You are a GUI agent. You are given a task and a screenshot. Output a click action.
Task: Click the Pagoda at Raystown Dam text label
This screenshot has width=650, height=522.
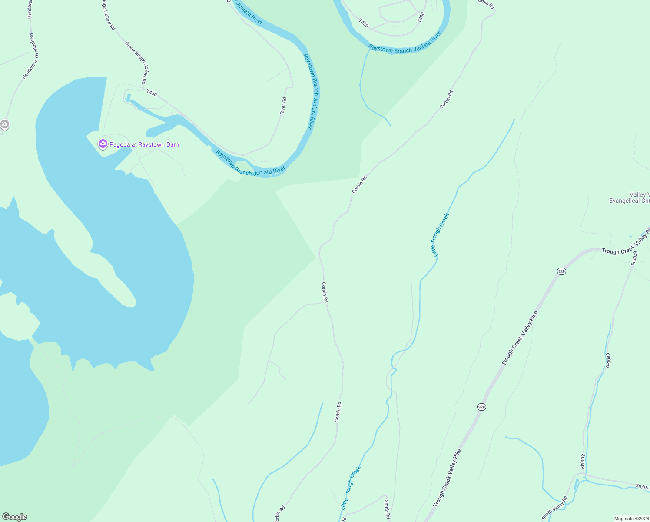pos(144,144)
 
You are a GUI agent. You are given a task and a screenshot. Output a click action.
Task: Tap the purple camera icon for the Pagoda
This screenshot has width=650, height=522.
pos(103,144)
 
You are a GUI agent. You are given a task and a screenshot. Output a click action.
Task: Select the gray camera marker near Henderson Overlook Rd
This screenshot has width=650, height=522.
pos(5,124)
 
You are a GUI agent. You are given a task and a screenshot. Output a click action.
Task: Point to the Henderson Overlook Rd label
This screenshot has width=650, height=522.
pos(31,57)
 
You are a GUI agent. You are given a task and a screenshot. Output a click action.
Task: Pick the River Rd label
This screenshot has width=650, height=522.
pos(283,106)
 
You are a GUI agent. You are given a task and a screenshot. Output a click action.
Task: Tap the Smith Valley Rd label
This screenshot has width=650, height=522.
pos(555,508)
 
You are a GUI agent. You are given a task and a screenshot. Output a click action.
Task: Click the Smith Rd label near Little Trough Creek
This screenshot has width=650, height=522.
pos(387,509)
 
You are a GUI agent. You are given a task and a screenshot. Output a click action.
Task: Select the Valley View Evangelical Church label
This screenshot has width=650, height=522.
pos(630,197)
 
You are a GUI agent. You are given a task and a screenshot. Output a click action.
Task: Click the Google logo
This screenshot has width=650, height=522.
pos(15,517)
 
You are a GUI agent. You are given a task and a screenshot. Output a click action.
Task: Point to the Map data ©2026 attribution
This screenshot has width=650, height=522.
pos(631,519)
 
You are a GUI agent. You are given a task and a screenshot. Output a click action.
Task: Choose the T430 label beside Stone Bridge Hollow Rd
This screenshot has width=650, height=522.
pos(152,93)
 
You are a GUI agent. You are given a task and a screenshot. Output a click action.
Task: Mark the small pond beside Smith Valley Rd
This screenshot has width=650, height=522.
pos(577,483)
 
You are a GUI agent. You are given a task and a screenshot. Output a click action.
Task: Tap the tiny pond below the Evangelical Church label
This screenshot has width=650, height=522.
pos(630,237)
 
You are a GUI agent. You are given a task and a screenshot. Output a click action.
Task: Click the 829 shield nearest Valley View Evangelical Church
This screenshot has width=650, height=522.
pos(561,271)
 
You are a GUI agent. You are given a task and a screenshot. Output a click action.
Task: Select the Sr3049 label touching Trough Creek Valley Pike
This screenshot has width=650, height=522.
pos(635,258)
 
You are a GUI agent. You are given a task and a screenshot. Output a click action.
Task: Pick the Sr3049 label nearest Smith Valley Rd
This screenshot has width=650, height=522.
pos(583,462)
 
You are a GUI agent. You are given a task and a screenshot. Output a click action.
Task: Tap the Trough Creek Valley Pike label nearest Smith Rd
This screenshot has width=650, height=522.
pos(447,478)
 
